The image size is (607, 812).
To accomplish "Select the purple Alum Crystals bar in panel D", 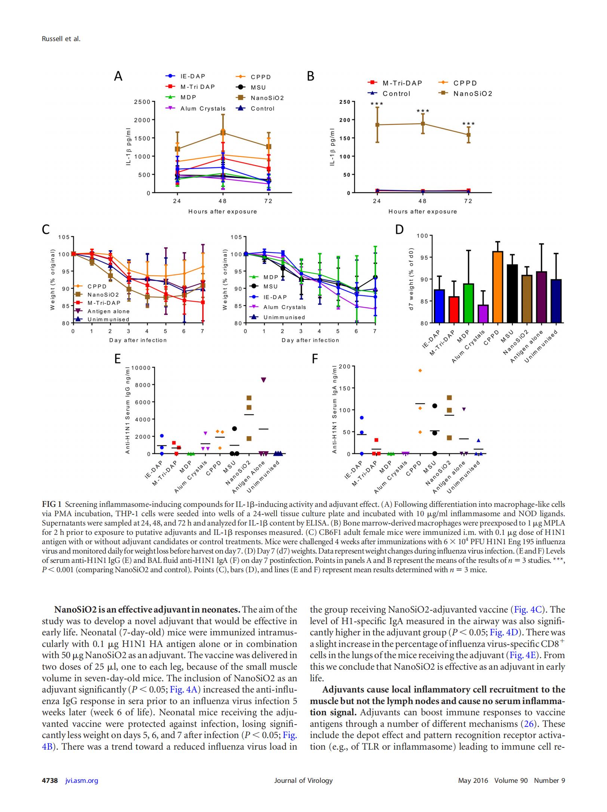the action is pos(483,314).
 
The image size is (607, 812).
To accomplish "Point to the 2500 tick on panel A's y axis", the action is pos(143,102).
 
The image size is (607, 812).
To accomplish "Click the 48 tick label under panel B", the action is pos(422,201).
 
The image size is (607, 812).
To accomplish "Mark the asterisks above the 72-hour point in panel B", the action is pos(468,124).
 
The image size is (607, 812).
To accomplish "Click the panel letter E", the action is pos(118,359).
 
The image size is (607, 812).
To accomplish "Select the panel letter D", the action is pos(400,229).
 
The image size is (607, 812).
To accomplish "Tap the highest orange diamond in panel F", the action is pos(420,371).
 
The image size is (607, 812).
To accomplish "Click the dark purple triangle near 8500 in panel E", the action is pos(264,380).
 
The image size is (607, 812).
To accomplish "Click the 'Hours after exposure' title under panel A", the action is pos(222,211).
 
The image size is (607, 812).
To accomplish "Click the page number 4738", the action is pos(50,780).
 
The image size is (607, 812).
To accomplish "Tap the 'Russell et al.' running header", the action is pos(61,39).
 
